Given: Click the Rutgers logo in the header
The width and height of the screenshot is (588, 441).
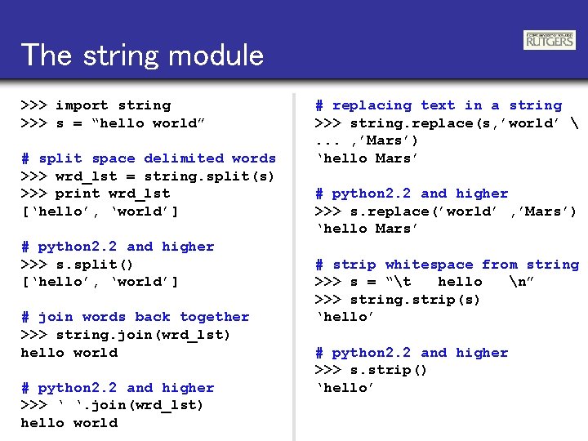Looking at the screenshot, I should tap(549, 40).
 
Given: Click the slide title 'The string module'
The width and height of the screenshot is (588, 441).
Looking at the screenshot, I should tap(143, 55).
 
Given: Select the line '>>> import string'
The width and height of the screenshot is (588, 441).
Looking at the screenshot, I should tap(96, 105).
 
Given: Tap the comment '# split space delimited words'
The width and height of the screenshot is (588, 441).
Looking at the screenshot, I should tap(149, 158).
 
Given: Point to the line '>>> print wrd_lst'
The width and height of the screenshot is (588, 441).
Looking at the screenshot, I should tap(96, 194).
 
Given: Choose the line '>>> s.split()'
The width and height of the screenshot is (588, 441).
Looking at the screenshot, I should tap(77, 265).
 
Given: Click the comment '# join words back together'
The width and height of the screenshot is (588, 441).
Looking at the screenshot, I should tap(135, 317).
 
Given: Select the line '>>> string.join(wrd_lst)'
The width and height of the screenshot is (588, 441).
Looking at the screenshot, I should tap(126, 335).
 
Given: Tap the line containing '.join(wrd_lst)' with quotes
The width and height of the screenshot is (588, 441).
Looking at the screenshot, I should tap(113, 405).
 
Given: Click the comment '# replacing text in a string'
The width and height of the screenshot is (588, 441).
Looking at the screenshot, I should tap(439, 105).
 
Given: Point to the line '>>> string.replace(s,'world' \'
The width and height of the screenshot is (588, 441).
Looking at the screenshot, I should tap(446, 123).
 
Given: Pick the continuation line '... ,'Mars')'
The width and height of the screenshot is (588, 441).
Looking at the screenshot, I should tap(367, 140).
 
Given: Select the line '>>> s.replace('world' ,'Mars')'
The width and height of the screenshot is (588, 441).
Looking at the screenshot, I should tap(446, 212).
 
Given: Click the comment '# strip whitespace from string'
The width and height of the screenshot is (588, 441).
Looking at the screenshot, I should tap(447, 265).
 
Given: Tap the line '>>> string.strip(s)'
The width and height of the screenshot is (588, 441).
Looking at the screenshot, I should tap(398, 300).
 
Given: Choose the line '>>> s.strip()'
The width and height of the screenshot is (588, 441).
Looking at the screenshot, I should tap(372, 370).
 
